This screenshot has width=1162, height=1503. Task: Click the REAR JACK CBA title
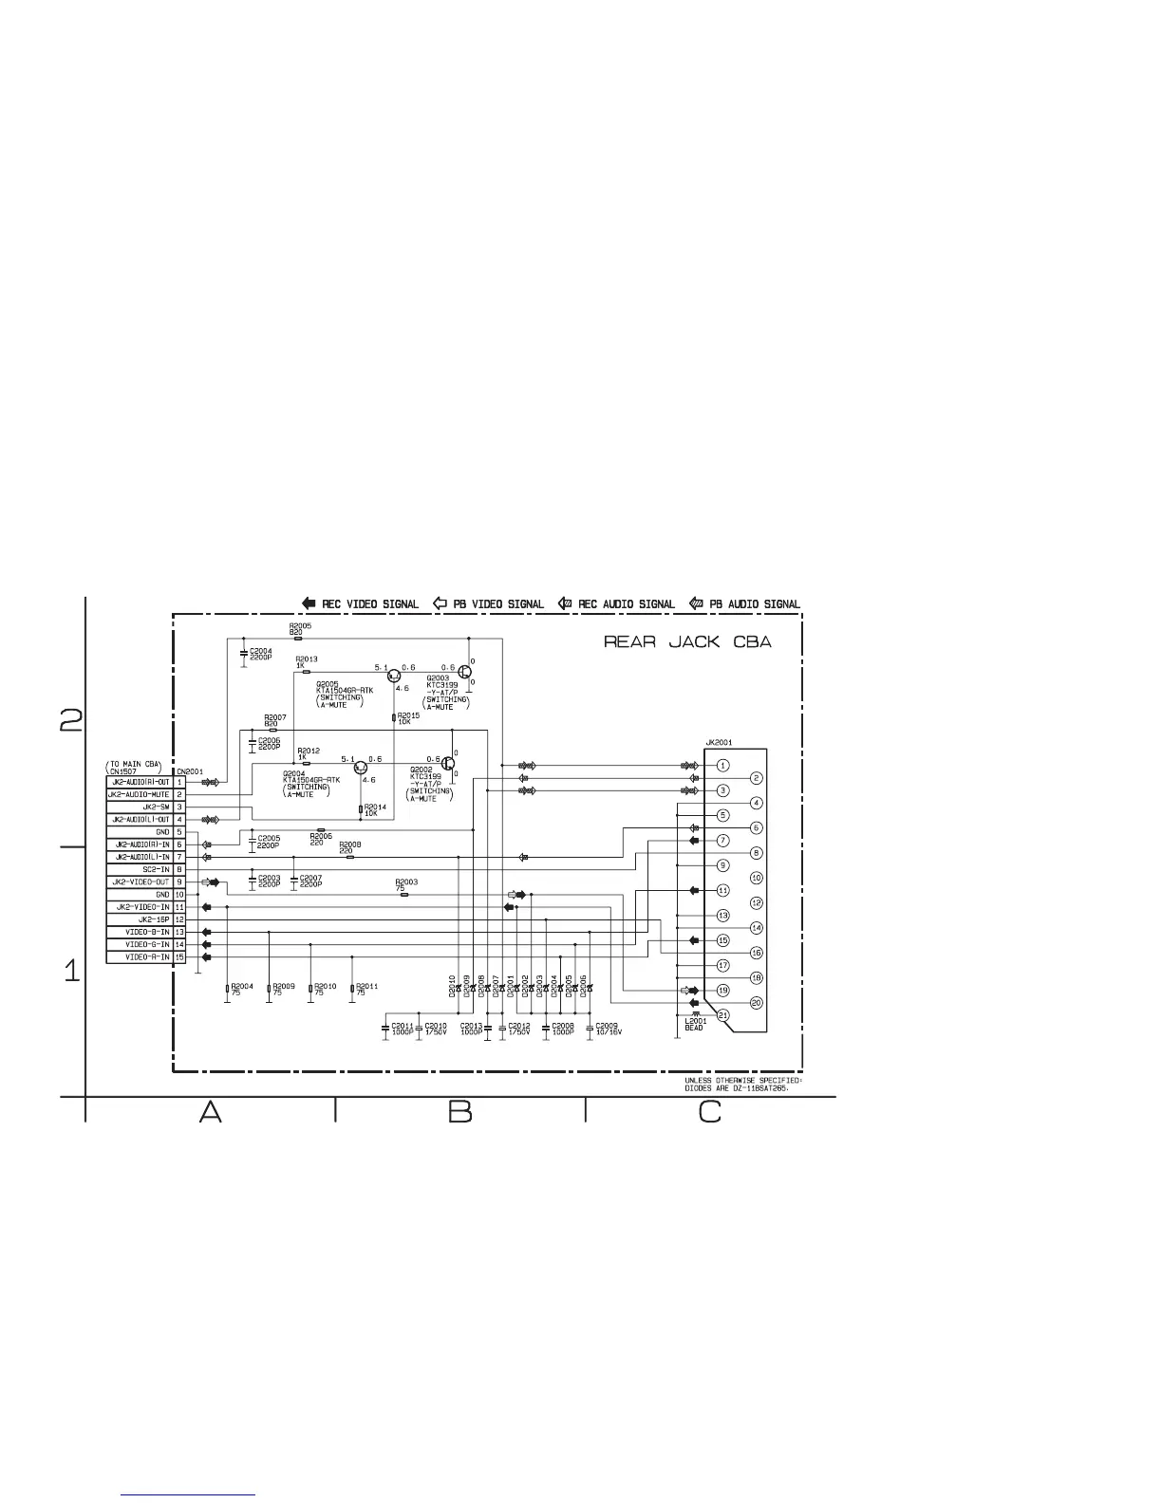click(687, 642)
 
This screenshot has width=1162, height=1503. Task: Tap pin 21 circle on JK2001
click(723, 1015)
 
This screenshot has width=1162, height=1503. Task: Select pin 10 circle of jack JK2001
click(757, 878)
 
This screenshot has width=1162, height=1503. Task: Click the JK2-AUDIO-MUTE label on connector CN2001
click(139, 794)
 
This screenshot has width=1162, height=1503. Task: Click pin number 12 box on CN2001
click(179, 919)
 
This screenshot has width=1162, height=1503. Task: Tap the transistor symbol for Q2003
click(465, 672)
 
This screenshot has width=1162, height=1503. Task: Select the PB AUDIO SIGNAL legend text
click(755, 603)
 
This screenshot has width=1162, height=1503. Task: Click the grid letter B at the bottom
click(460, 1111)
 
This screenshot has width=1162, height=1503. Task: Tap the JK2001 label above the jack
click(719, 743)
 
